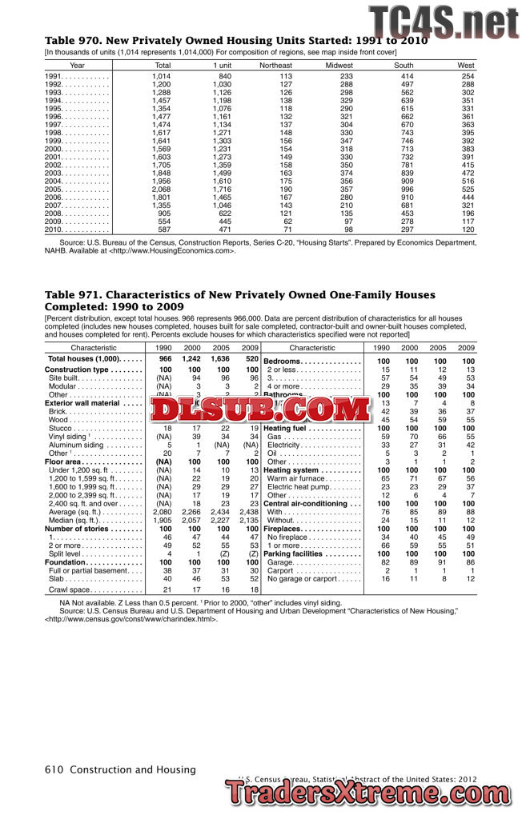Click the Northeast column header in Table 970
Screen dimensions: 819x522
275,65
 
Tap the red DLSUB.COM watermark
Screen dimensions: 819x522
258,410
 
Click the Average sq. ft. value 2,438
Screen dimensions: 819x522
249,511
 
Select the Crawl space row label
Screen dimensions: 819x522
69,589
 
